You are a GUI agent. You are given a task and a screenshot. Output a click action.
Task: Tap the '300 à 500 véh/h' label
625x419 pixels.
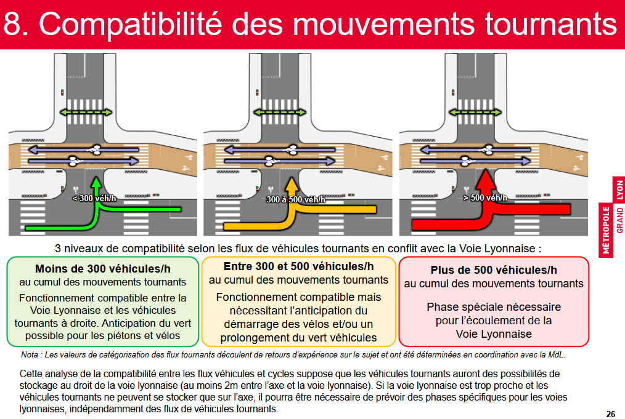295,199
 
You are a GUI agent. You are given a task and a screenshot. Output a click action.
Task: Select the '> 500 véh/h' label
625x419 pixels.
484,198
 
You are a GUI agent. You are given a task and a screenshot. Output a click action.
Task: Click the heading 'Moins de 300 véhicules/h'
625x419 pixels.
103,269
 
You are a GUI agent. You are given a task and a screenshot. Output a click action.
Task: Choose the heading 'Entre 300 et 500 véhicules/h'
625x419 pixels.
298,266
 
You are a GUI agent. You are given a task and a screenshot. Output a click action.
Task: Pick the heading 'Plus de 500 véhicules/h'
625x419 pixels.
494,270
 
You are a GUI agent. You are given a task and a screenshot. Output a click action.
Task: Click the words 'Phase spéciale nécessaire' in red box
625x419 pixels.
494,306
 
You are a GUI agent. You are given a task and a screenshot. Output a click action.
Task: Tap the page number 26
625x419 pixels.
610,413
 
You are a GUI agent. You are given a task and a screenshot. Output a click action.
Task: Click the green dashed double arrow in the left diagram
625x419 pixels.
86,112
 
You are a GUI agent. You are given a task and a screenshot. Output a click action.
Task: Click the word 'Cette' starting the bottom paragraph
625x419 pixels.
32,373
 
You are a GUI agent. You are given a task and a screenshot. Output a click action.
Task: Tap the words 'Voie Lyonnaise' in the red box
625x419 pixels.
494,334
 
